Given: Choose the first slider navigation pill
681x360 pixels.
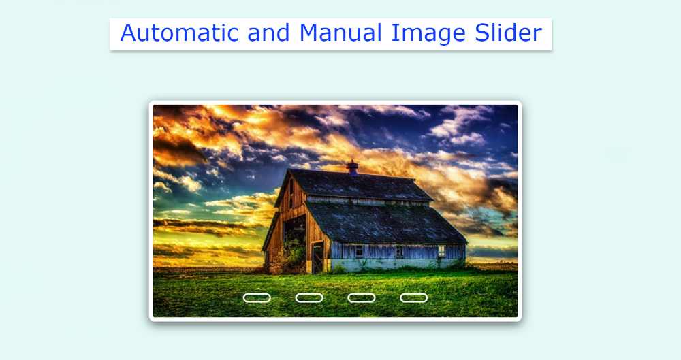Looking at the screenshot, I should coord(257,297).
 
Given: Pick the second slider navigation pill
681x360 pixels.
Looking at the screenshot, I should coord(309,297).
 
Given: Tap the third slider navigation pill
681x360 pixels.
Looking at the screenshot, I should coord(362,297).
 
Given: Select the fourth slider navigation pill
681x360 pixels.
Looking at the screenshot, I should coord(413,297).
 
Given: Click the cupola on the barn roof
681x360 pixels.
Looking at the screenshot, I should coord(352,166).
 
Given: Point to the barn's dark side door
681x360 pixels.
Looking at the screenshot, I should coord(317,257).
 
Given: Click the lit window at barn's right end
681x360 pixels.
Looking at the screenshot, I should coord(441,250).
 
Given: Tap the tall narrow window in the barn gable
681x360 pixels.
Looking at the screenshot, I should coord(291,194).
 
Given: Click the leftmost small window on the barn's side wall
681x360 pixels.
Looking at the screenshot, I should coord(359,250).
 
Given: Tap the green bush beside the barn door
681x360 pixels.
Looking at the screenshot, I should coord(295,256).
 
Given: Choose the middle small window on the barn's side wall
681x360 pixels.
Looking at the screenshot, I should coord(399,250).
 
